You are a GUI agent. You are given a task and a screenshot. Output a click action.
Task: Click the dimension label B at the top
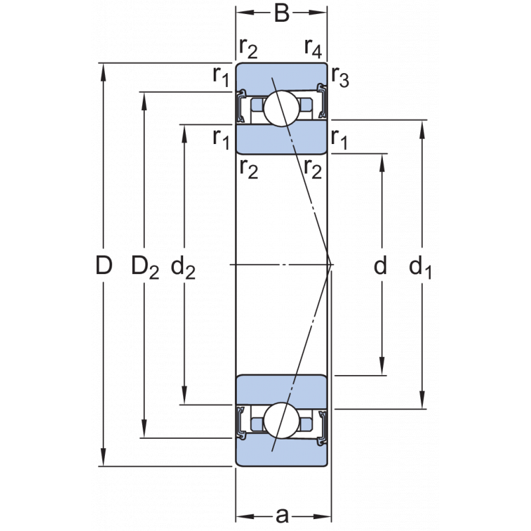282,14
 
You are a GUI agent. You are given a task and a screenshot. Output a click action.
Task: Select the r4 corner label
313,48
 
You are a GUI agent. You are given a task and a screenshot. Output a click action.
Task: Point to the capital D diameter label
103,266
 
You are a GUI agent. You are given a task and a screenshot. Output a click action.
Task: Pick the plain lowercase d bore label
380,266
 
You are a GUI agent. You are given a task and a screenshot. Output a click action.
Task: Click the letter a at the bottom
283,514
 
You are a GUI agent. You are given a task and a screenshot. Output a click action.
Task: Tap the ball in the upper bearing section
281,107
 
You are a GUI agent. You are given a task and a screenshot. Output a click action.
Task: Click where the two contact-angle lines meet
331,265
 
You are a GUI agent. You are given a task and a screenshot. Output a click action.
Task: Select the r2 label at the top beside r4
248,48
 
